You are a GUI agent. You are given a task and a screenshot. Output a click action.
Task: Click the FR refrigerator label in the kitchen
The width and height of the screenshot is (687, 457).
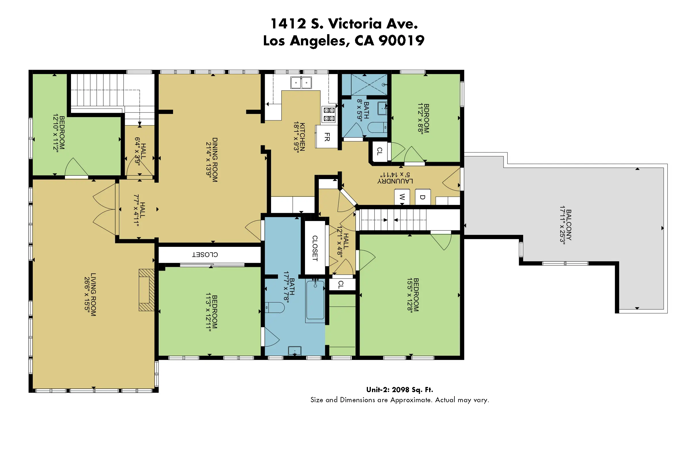327,137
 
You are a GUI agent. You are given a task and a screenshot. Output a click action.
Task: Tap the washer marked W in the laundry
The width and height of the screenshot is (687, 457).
402,197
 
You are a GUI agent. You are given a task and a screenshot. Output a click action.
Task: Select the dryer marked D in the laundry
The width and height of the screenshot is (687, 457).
422,197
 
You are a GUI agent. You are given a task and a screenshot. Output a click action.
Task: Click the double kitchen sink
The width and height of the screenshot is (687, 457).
301,82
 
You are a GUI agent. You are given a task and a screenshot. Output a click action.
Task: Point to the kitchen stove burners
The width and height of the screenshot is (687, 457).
329,114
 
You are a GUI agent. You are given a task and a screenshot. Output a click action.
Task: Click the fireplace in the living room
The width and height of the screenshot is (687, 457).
147,290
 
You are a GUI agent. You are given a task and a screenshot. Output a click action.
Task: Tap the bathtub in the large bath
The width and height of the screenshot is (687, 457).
315,300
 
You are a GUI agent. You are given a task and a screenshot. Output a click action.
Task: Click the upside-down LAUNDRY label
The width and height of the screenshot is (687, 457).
395,181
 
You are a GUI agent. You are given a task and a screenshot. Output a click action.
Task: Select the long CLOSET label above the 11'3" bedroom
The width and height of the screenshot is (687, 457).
205,254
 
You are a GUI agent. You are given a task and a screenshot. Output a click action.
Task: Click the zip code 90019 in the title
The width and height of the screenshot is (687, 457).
401,40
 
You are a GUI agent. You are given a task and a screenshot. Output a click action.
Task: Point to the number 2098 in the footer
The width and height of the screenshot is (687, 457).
400,390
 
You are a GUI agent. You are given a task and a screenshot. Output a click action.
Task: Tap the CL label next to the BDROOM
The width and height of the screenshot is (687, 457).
379,151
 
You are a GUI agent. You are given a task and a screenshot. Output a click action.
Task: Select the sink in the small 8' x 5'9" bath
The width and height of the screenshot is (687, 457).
382,109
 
